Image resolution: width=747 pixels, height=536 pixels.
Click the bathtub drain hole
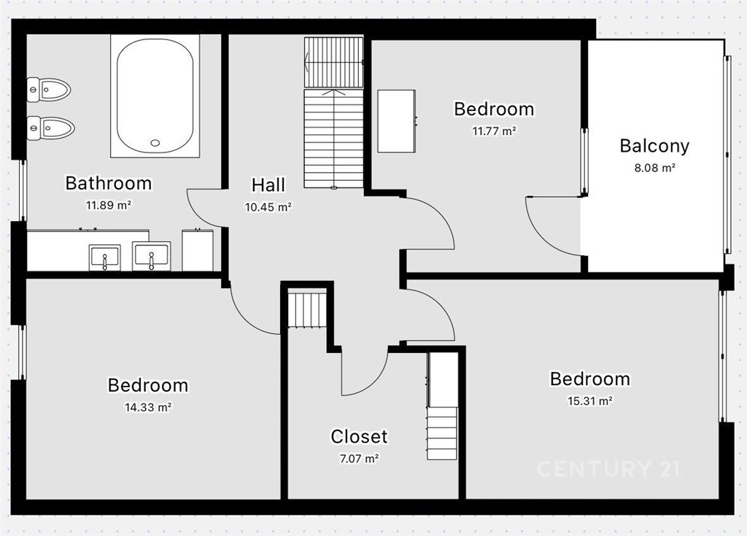click(x=155, y=142)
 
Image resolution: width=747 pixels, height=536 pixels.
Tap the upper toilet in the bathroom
click(x=49, y=90)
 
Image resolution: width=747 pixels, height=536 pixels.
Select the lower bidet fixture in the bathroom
click(x=51, y=128)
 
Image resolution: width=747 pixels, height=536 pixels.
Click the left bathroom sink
click(x=104, y=257)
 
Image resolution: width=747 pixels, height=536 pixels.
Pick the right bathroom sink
click(x=151, y=256)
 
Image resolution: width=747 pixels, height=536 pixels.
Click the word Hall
click(x=268, y=185)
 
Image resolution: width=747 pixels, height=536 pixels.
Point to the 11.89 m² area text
click(x=109, y=206)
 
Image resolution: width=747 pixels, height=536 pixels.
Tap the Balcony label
click(x=654, y=147)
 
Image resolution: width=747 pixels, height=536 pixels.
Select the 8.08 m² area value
click(x=654, y=168)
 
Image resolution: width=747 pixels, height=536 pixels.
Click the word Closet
click(x=359, y=436)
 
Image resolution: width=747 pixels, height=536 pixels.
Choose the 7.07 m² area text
click(x=359, y=459)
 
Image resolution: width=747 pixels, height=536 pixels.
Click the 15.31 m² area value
click(x=589, y=401)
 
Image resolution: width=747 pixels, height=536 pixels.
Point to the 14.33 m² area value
click(x=148, y=408)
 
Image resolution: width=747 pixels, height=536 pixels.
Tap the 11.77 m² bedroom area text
click(x=494, y=131)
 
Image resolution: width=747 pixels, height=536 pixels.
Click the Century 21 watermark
click(x=608, y=469)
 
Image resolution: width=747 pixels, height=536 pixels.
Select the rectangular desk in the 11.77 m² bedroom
click(x=396, y=121)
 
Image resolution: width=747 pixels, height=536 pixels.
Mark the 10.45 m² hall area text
click(x=268, y=207)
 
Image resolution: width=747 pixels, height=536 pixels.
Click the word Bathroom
click(x=109, y=184)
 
